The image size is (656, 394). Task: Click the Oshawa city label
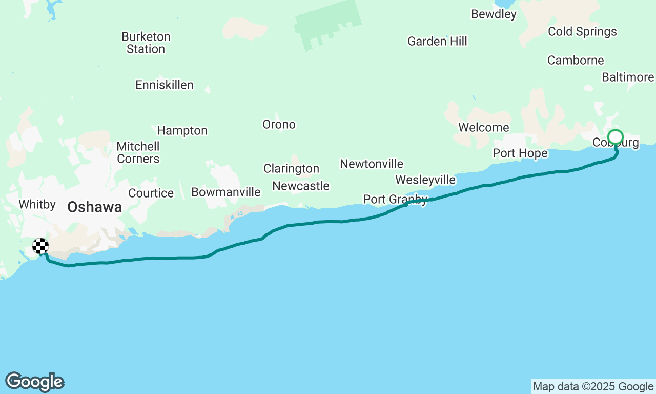pyautogui.click(x=95, y=207)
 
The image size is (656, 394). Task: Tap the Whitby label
pyautogui.click(x=37, y=205)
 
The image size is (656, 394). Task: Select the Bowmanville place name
pyautogui.click(x=226, y=192)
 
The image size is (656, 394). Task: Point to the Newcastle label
pyautogui.click(x=301, y=186)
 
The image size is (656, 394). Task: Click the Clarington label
pyautogui.click(x=291, y=168)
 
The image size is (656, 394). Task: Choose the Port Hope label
pyautogui.click(x=520, y=153)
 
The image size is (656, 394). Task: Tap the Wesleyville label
pyautogui.click(x=425, y=180)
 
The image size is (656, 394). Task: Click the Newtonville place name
pyautogui.click(x=372, y=164)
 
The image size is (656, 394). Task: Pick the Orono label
pyautogui.click(x=279, y=125)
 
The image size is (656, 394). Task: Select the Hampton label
pyautogui.click(x=182, y=131)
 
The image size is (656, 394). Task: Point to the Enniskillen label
pyautogui.click(x=165, y=85)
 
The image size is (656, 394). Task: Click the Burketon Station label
pyautogui.click(x=146, y=43)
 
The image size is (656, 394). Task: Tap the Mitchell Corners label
pyautogui.click(x=138, y=152)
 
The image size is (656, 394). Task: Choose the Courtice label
pyautogui.click(x=151, y=193)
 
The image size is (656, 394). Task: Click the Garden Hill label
pyautogui.click(x=437, y=42)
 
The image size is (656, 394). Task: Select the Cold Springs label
pyautogui.click(x=582, y=32)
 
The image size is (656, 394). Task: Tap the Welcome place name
pyautogui.click(x=484, y=127)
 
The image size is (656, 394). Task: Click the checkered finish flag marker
pyautogui.click(x=40, y=246)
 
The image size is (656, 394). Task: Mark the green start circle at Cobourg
pyautogui.click(x=616, y=137)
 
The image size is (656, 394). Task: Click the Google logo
pyautogui.click(x=34, y=382)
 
